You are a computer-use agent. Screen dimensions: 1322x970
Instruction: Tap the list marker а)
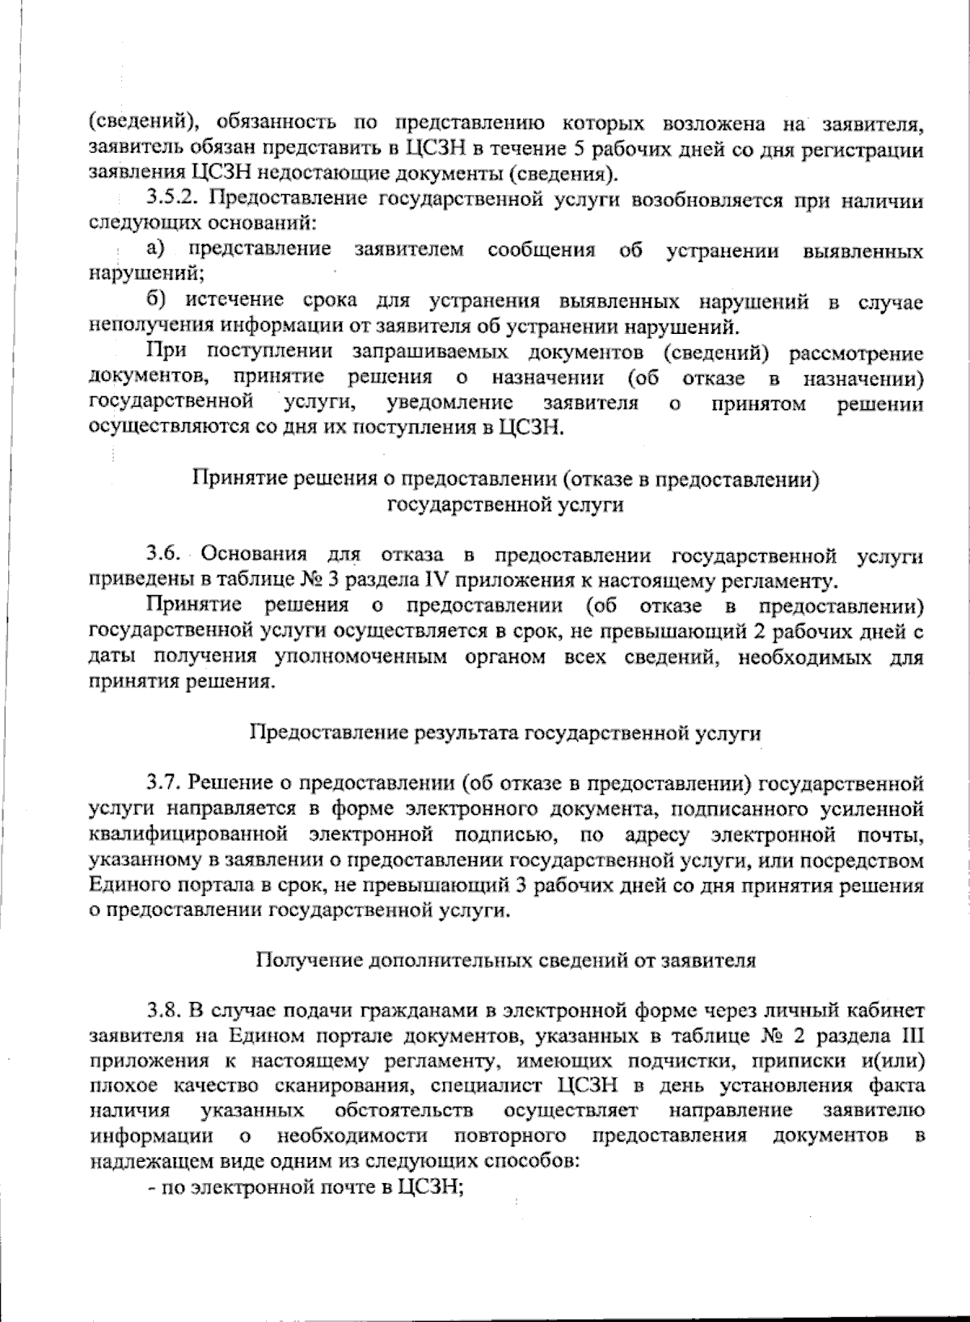tap(158, 250)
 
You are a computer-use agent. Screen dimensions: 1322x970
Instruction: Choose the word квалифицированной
tap(189, 833)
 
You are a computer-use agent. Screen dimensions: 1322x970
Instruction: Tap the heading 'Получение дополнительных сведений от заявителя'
tap(506, 961)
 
